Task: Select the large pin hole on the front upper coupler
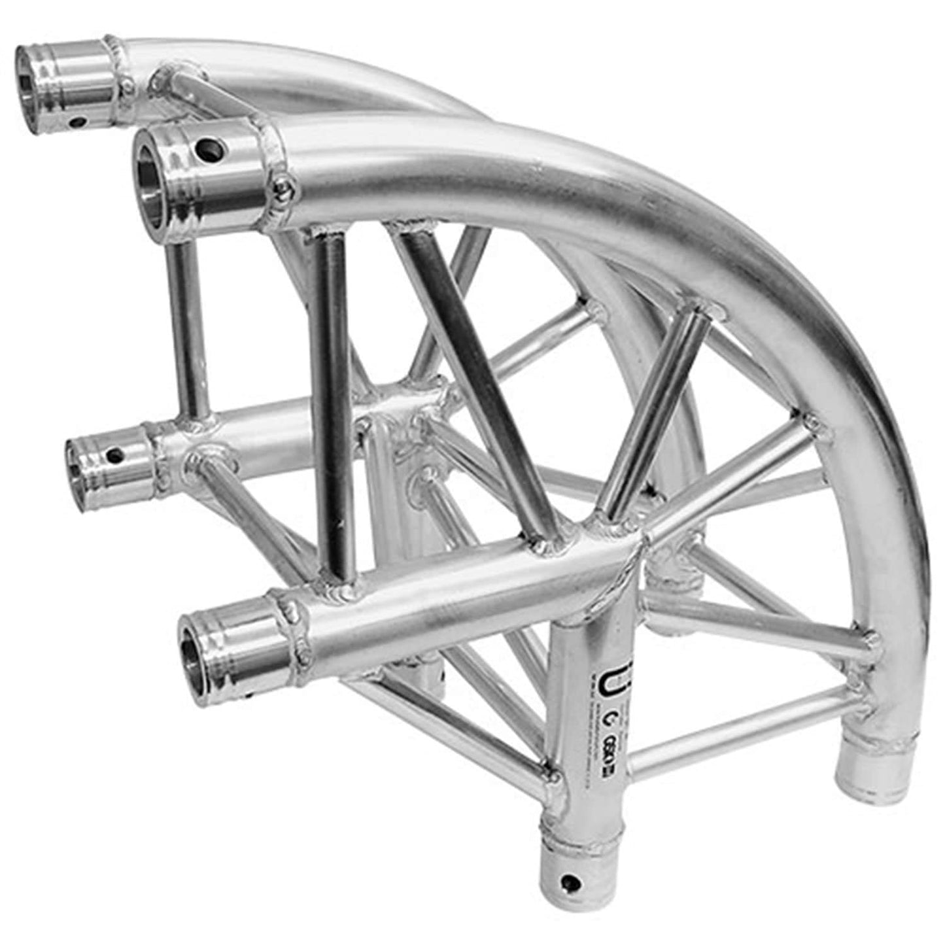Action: click(211, 149)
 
